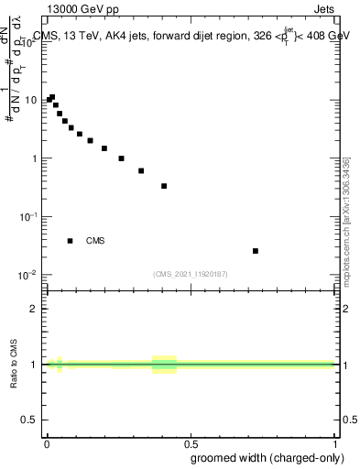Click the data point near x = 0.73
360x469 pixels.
pos(256,251)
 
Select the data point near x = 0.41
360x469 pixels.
pos(164,186)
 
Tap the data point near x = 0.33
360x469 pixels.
pos(141,170)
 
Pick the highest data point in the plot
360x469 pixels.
pos(52,97)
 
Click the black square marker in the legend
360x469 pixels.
pos(70,241)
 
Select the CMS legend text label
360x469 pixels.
pos(95,242)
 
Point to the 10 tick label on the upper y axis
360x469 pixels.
pos(32,100)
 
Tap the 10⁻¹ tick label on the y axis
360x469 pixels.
pos(30,217)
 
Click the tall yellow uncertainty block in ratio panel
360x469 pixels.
pos(164,365)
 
